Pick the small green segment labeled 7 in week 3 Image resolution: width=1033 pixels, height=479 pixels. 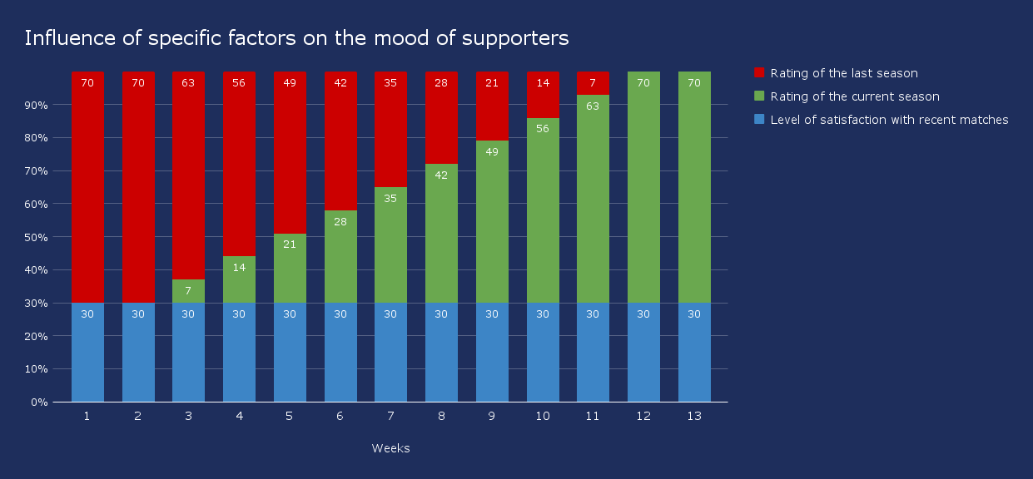click(x=188, y=291)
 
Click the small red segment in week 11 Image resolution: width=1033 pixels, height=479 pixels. click(x=593, y=83)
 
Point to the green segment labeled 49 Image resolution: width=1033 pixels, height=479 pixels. click(x=492, y=220)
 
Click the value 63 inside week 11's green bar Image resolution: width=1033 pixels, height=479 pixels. click(x=593, y=106)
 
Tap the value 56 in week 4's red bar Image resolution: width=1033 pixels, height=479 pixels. click(x=239, y=82)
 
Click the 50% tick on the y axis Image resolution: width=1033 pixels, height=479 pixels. click(x=38, y=237)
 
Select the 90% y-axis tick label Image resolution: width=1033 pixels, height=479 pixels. click(x=38, y=106)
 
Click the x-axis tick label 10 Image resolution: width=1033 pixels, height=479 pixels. click(x=543, y=416)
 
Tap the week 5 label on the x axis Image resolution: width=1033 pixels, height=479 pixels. click(x=290, y=416)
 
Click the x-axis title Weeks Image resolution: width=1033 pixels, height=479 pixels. click(x=390, y=448)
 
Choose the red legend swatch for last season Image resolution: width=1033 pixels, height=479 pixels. click(x=758, y=73)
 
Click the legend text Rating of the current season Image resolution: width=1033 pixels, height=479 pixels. click(x=855, y=96)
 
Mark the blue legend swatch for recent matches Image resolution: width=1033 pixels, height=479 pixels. click(x=758, y=120)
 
